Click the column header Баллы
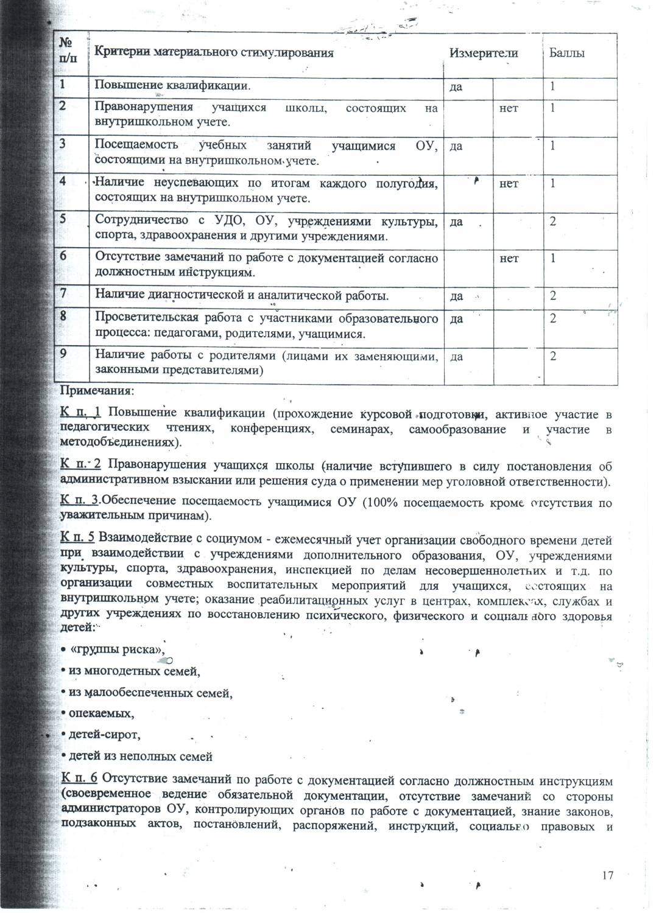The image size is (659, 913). tap(566, 53)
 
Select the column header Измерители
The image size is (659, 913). tap(484, 53)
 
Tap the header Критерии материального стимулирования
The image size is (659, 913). tap(214, 52)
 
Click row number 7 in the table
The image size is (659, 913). tap(63, 293)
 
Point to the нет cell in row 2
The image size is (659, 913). tap(509, 108)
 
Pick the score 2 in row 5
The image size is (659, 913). tap(553, 222)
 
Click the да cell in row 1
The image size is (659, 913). tap(456, 87)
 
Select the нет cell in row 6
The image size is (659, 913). tap(509, 259)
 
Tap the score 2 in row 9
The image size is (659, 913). tap(553, 357)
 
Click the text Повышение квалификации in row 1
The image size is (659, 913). tap(172, 85)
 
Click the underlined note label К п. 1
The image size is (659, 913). tap(81, 414)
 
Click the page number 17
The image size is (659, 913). tap(607, 875)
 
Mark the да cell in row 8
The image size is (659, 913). tap(456, 319)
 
